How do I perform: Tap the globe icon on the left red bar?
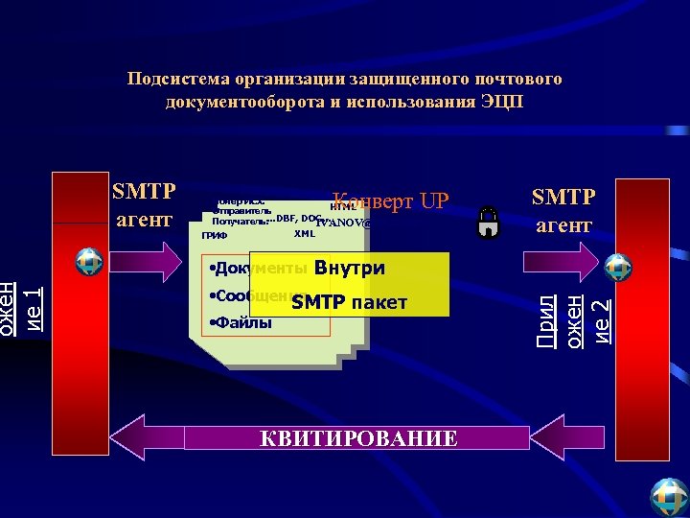click(x=89, y=261)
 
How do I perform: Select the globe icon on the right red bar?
click(x=618, y=267)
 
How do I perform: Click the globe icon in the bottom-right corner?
click(x=669, y=497)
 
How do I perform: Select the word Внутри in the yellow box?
click(x=349, y=268)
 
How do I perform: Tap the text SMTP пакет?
click(x=350, y=302)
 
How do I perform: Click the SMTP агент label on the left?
click(x=144, y=204)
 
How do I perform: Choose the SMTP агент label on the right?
click(x=563, y=210)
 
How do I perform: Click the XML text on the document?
click(x=305, y=233)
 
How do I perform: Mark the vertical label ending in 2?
click(x=574, y=307)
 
